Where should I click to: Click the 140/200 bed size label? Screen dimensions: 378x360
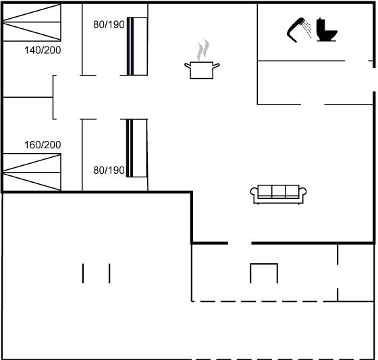[x=43, y=50]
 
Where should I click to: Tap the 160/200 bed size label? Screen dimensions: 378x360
[x=43, y=145]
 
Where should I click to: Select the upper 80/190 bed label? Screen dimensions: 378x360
[x=109, y=24]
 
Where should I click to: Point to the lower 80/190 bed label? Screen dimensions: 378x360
[x=109, y=171]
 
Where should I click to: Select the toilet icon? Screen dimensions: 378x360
[x=327, y=30]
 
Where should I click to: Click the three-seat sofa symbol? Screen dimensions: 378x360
[x=278, y=194]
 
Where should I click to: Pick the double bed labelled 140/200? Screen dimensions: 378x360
[x=32, y=22]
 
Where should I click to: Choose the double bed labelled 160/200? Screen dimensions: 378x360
[x=32, y=172]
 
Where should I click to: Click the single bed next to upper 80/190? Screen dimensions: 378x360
[x=137, y=47]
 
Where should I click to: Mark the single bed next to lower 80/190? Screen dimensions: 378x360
[x=136, y=148]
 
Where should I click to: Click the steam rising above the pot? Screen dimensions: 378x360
[x=203, y=50]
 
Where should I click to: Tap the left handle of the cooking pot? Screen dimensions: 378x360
[x=188, y=65]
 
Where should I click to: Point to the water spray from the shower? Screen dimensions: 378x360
[x=307, y=29]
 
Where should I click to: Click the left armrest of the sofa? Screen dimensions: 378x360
[x=254, y=193]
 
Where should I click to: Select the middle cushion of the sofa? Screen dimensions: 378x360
[x=279, y=191]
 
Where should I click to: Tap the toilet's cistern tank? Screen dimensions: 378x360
[x=321, y=24]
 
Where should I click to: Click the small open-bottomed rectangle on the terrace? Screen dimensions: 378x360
[x=264, y=264]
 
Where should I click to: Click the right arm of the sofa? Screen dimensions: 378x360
[x=303, y=193]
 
